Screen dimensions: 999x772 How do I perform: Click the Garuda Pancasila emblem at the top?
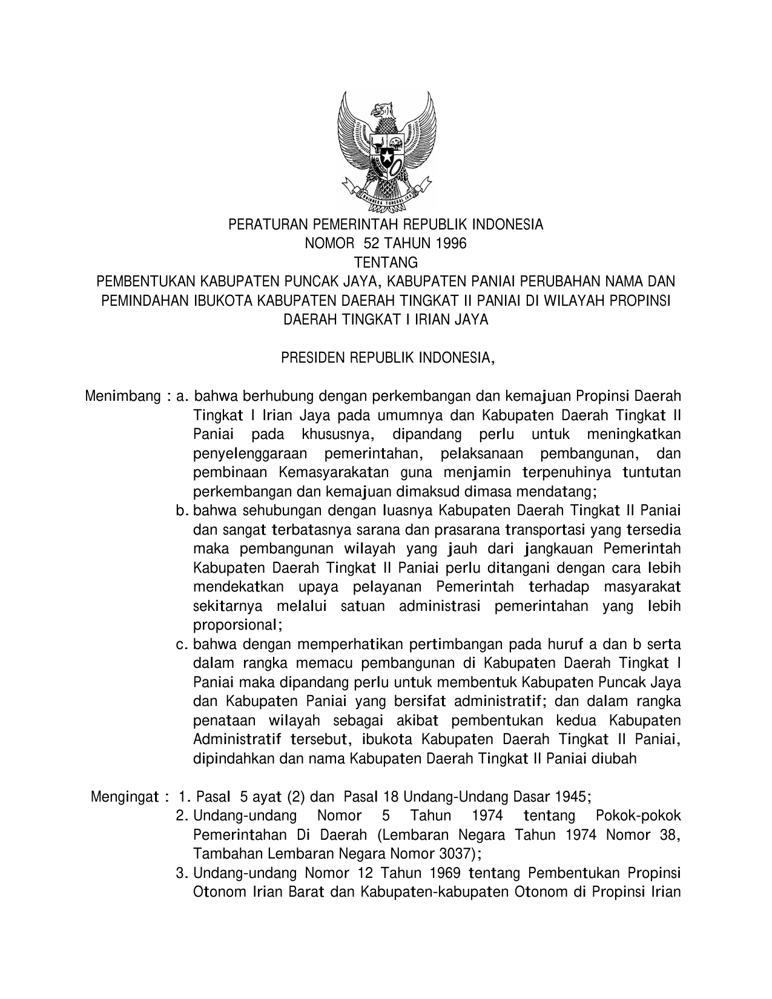[x=386, y=150]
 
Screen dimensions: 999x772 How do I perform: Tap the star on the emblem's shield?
[x=386, y=159]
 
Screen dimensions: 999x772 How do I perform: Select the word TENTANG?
[x=386, y=263]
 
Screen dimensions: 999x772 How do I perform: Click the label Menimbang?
[x=123, y=397]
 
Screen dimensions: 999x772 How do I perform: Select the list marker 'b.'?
[x=181, y=511]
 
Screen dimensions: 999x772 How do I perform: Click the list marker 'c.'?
[x=181, y=645]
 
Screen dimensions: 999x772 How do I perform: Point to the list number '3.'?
[x=181, y=874]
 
